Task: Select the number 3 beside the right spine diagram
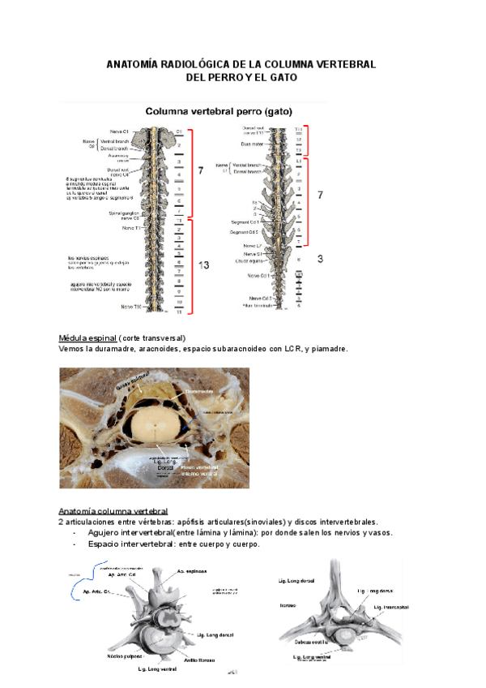coord(320,259)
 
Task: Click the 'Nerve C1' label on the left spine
coord(110,131)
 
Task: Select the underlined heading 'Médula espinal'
coord(87,338)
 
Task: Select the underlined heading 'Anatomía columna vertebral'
coord(113,511)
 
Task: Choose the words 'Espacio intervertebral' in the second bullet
coord(130,544)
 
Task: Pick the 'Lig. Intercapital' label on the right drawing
coord(392,606)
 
